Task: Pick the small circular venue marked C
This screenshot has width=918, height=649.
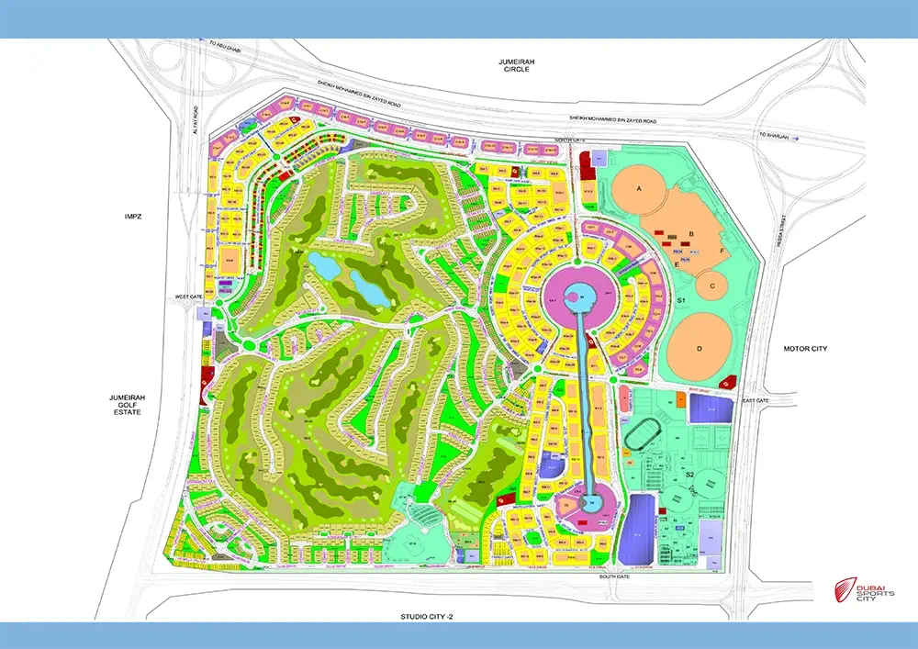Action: pos(711,285)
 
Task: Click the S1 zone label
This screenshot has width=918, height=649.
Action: pos(681,301)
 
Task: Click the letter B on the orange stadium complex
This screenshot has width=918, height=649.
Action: pos(690,234)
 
